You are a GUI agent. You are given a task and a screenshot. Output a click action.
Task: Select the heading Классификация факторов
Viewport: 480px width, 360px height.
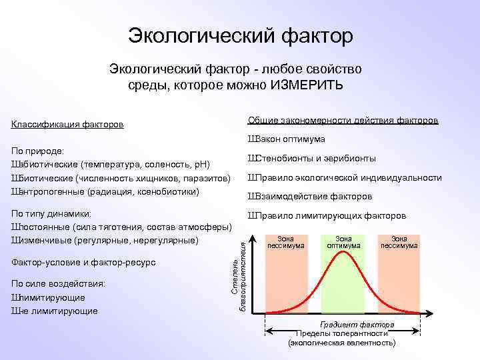click(x=67, y=125)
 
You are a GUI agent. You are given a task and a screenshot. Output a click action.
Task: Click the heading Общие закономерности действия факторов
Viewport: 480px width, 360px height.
click(x=343, y=120)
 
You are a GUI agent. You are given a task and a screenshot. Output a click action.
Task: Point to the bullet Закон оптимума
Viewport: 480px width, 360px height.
click(x=287, y=139)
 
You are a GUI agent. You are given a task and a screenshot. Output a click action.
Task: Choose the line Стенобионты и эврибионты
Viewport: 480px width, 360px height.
click(x=311, y=159)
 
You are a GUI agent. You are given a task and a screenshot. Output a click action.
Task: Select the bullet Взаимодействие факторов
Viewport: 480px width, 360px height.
click(x=310, y=197)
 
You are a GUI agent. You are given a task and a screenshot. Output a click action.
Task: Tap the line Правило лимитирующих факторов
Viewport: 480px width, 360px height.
click(x=327, y=216)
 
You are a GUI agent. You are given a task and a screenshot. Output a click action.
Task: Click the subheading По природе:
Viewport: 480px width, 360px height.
click(x=37, y=151)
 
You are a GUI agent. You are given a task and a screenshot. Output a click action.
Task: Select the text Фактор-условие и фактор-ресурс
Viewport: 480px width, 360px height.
click(x=83, y=262)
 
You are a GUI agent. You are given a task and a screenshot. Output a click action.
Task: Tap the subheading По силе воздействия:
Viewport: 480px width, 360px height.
click(x=58, y=284)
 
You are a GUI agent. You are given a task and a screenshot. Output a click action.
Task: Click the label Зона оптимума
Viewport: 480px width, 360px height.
click(x=343, y=241)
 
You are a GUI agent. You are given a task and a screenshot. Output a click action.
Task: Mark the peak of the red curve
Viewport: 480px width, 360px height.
click(x=343, y=258)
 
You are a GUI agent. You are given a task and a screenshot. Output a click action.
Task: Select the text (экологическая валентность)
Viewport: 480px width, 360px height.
click(x=341, y=342)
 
